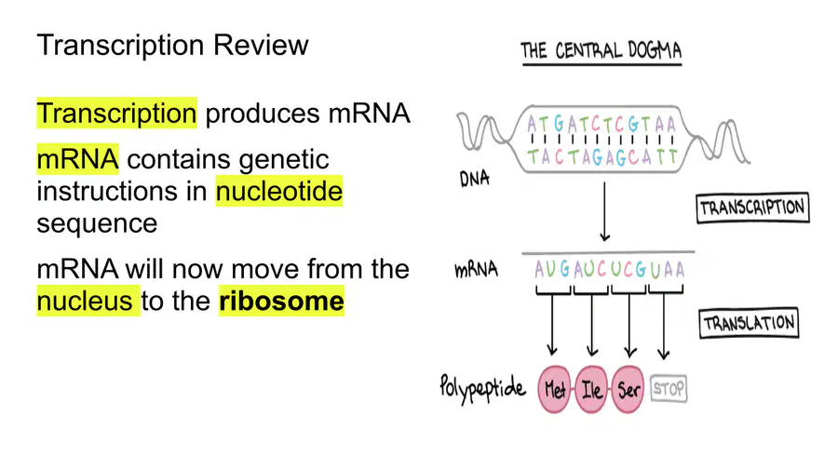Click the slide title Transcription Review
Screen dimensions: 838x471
pyautogui.click(x=172, y=45)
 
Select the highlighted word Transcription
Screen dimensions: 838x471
pyautogui.click(x=117, y=114)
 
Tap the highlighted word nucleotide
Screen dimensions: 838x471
pyautogui.click(x=279, y=191)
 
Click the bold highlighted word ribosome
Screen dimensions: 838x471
pyautogui.click(x=281, y=301)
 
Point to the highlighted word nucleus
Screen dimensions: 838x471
pyautogui.click(x=86, y=301)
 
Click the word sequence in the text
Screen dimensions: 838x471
pyautogui.click(x=97, y=223)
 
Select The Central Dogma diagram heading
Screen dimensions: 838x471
pyautogui.click(x=601, y=51)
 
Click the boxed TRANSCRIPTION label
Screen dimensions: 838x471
pyautogui.click(x=752, y=208)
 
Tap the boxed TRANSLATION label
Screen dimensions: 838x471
pyautogui.click(x=749, y=323)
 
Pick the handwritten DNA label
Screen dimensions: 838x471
pyautogui.click(x=474, y=179)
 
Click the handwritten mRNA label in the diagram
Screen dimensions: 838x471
pyautogui.click(x=476, y=269)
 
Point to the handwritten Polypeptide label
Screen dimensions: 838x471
pyautogui.click(x=482, y=388)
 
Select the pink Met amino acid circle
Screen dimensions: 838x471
pyautogui.click(x=554, y=389)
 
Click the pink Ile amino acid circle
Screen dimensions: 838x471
pyautogui.click(x=591, y=389)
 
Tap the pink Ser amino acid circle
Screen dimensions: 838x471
pyautogui.click(x=628, y=389)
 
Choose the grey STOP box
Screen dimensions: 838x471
pyautogui.click(x=669, y=389)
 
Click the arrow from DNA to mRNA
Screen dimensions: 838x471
pyautogui.click(x=604, y=211)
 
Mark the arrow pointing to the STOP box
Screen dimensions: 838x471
pyautogui.click(x=664, y=327)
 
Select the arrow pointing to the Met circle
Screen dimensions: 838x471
pyautogui.click(x=552, y=325)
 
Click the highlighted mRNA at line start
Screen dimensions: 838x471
pyautogui.click(x=77, y=159)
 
